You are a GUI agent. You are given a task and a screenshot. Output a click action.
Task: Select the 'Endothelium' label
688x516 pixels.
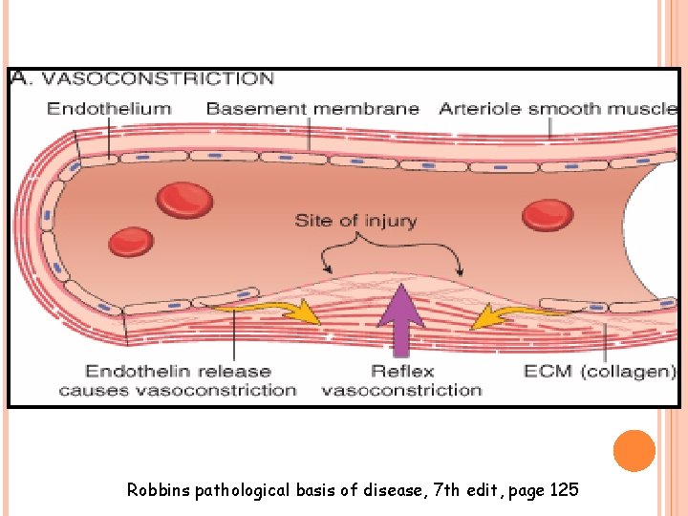point(109,108)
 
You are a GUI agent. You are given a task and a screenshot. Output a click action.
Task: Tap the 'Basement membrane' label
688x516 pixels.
point(312,108)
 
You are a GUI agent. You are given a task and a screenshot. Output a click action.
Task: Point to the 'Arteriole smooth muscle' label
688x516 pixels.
point(557,108)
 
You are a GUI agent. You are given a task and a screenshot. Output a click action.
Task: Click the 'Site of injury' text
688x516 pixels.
point(355,221)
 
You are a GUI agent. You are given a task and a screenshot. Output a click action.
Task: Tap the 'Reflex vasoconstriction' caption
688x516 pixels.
point(401,380)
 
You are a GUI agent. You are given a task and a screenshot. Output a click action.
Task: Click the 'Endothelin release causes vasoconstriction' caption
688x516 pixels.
point(177,380)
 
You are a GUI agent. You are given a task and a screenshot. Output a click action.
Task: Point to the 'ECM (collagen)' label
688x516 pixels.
point(600,371)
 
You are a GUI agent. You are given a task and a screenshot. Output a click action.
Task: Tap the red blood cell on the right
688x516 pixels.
point(548,214)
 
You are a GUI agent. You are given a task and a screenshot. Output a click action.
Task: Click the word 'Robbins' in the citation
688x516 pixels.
point(159,490)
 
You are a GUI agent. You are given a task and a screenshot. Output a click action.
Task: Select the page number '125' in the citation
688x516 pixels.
point(565,490)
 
